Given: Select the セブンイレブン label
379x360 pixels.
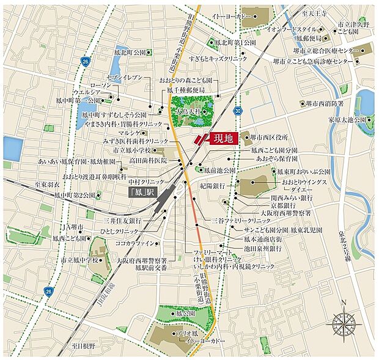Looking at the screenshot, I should pos(124,78).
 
